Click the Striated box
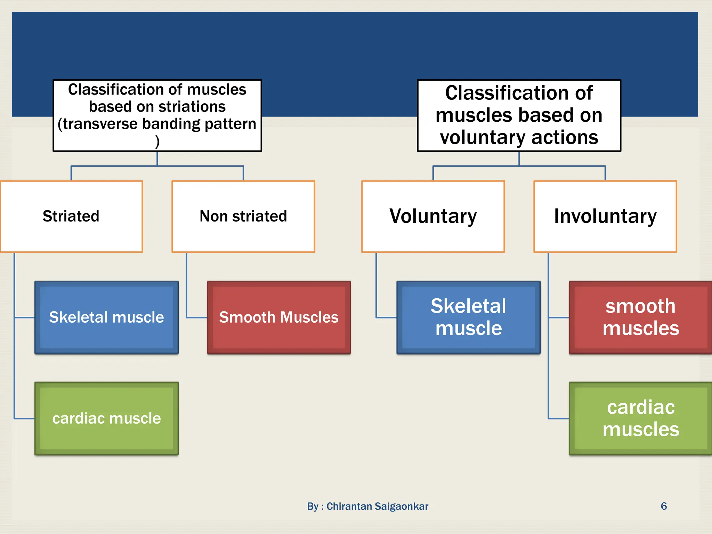pos(71,216)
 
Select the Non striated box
pos(243,216)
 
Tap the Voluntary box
pos(433,216)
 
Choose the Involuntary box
pos(605,216)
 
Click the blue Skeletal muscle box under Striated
pos(106,317)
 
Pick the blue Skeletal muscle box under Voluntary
pos(468,317)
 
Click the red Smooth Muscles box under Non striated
pos(279,317)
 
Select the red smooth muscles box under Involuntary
pos(640,317)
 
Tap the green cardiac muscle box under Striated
pos(106,418)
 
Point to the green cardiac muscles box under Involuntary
pos(640,418)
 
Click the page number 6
pos(664,506)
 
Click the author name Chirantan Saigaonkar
pos(377,506)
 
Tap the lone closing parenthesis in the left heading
pos(157,141)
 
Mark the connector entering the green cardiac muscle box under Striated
pos(24,419)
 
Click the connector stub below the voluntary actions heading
pos(519,159)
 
